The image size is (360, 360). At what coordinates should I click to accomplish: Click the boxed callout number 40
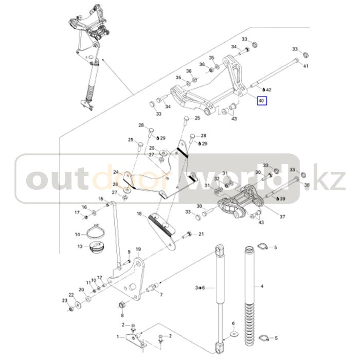(x=261, y=101)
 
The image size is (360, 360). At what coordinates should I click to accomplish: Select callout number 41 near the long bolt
(x=306, y=66)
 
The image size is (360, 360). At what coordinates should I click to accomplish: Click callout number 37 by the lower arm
(x=282, y=217)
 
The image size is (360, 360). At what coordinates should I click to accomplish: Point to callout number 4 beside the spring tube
(x=262, y=286)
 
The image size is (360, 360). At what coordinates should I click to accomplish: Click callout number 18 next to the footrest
(x=139, y=213)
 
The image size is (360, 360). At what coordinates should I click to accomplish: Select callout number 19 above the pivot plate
(x=138, y=249)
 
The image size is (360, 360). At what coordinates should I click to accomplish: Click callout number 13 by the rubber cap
(x=80, y=246)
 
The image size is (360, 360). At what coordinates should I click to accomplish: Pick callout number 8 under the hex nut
(x=122, y=314)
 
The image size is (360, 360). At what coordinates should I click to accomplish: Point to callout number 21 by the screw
(x=201, y=234)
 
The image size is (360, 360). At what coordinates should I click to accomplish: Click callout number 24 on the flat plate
(x=116, y=172)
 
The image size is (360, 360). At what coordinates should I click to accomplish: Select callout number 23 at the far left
(x=65, y=300)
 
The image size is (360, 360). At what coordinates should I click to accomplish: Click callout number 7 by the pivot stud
(x=161, y=295)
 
